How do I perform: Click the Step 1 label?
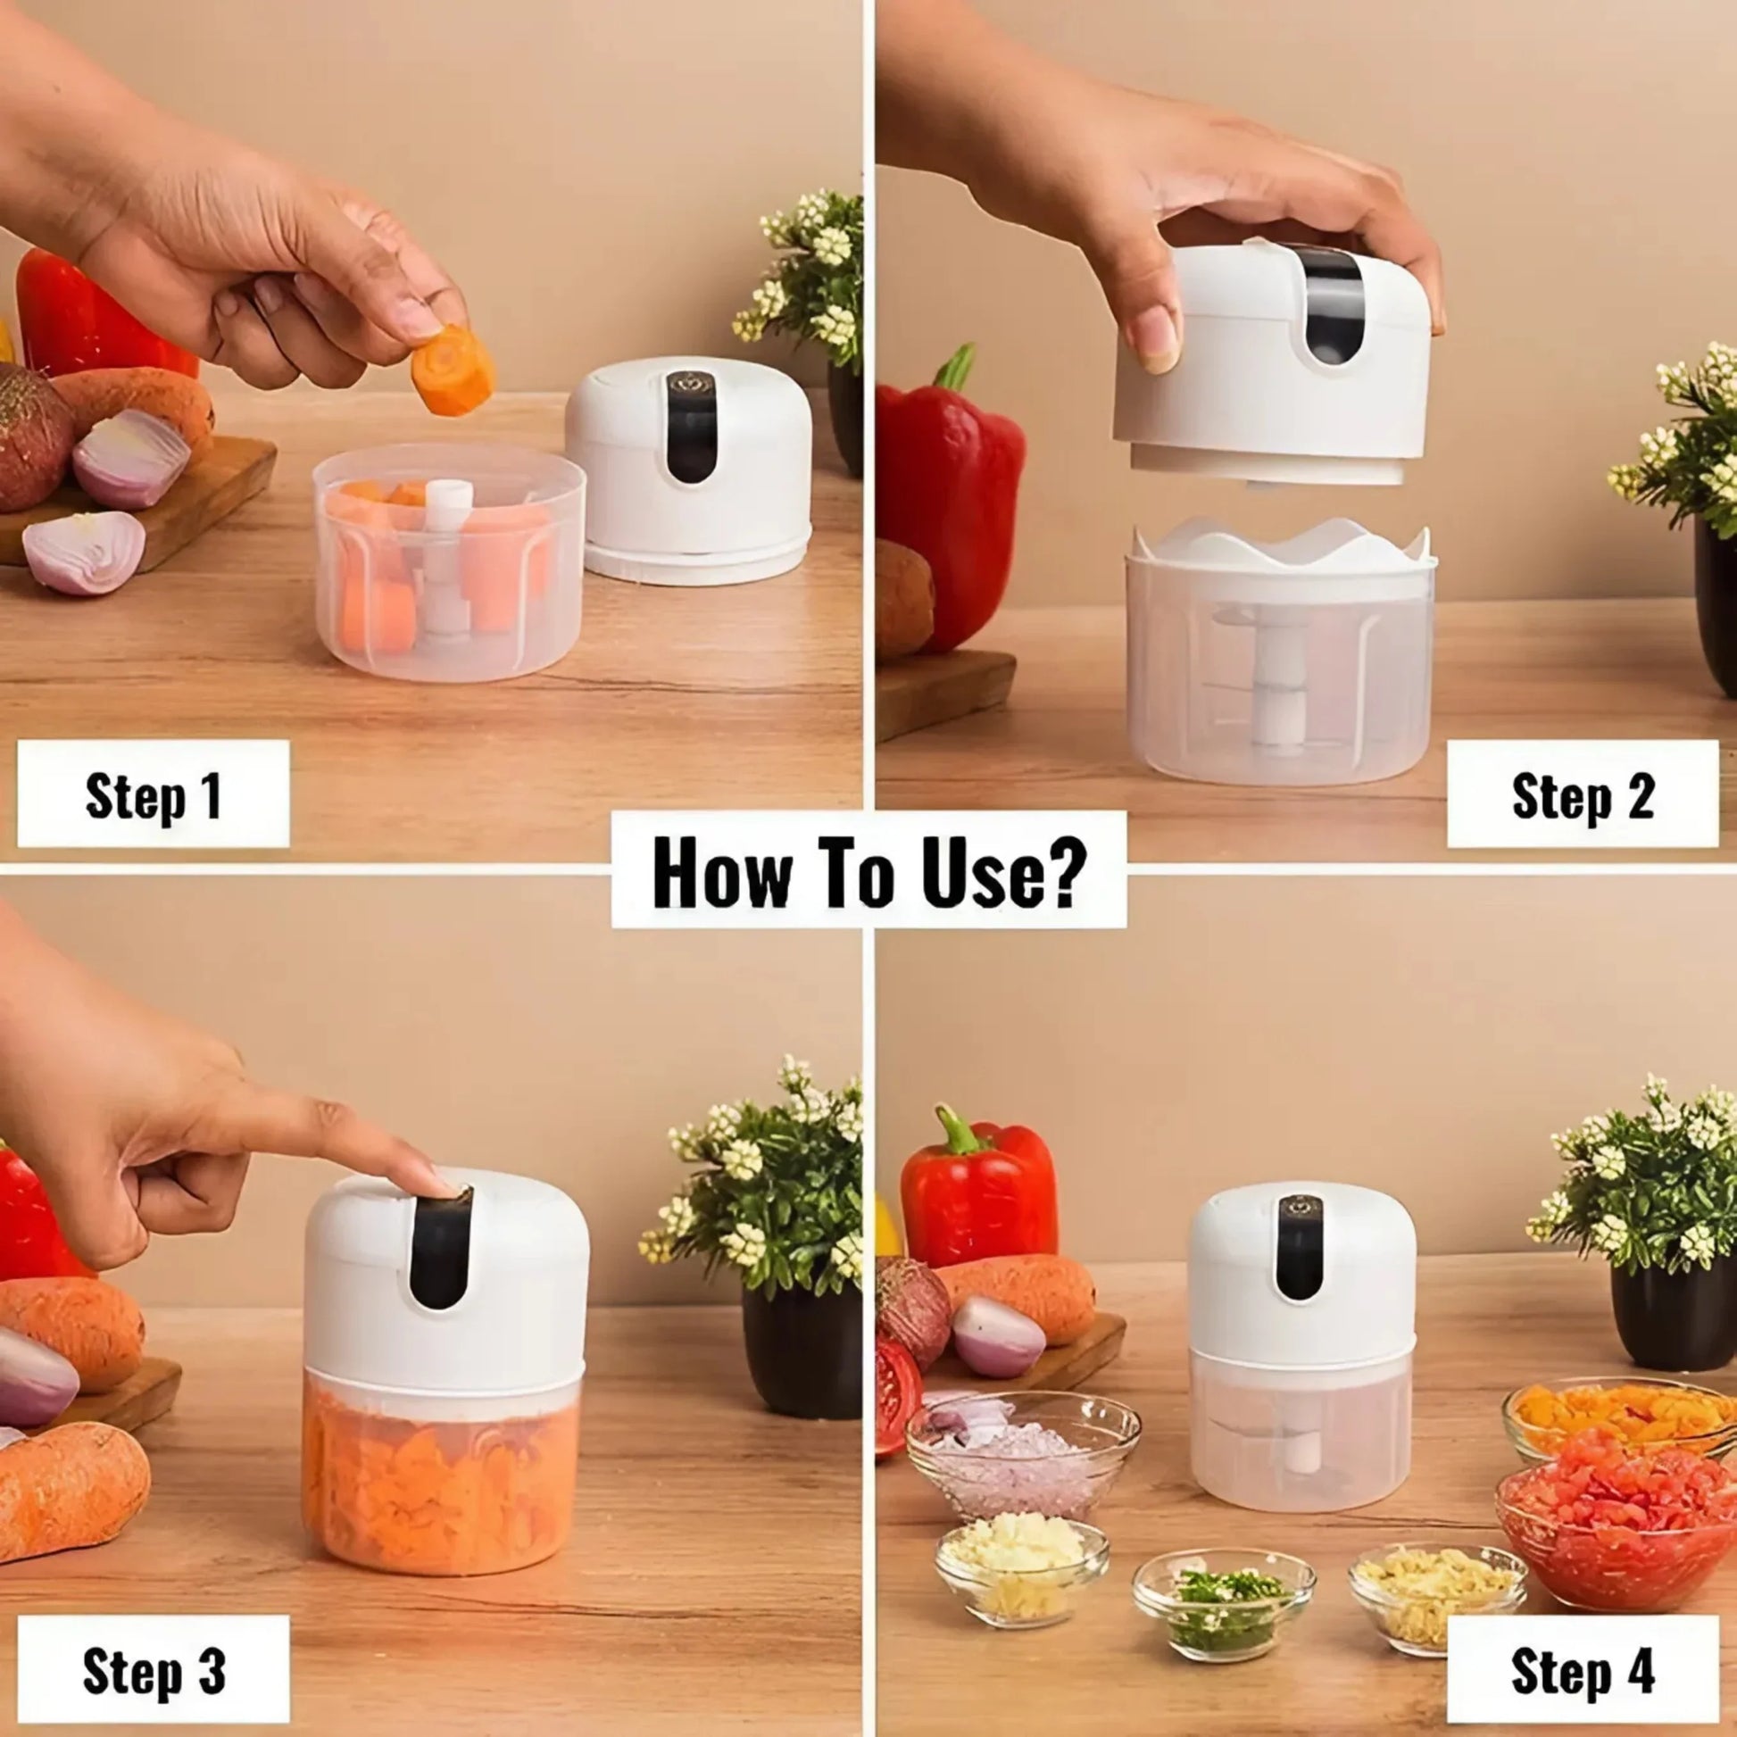point(153,794)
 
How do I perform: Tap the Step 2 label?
point(1583,794)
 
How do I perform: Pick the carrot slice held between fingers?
point(453,370)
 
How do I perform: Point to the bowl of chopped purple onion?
point(1022,1461)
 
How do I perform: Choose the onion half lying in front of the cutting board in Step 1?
point(83,552)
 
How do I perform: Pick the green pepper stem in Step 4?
point(955,1131)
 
